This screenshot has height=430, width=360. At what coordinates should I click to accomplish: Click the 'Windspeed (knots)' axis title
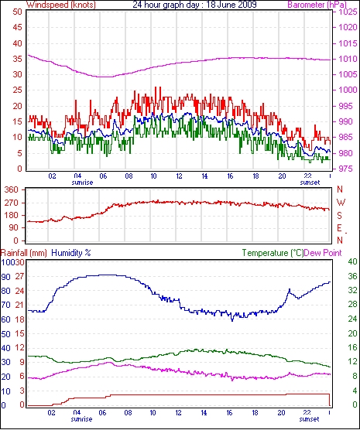click(x=61, y=5)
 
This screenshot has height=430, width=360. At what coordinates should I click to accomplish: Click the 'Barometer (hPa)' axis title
click(x=317, y=5)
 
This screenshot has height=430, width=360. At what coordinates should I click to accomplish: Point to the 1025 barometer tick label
click(x=348, y=12)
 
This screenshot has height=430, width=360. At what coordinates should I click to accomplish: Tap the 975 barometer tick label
click(x=348, y=169)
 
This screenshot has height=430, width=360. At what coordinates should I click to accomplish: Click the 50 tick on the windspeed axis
click(x=17, y=12)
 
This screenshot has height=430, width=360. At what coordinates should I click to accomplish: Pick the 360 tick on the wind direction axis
click(x=12, y=189)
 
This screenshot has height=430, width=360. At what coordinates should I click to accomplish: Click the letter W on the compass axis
click(x=341, y=203)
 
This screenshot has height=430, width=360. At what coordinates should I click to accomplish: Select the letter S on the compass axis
click(x=340, y=216)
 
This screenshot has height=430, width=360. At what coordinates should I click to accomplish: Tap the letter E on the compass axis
click(x=340, y=228)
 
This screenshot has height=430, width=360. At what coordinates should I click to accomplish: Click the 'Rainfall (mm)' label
click(x=24, y=253)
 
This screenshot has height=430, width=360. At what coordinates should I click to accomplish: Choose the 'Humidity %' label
click(x=71, y=253)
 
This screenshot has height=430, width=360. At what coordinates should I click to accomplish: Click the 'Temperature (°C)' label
click(x=273, y=253)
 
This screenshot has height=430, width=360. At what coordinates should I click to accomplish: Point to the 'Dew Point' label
click(x=323, y=253)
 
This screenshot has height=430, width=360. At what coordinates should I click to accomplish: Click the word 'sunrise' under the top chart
click(x=82, y=183)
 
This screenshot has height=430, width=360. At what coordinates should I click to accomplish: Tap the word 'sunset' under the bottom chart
click(x=309, y=419)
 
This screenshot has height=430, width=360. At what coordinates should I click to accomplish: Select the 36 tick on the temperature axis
click(x=352, y=276)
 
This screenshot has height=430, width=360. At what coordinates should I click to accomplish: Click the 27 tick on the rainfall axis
click(x=20, y=276)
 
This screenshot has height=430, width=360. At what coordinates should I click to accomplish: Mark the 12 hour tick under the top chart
click(x=179, y=176)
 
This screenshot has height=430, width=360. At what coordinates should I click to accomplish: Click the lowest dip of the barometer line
click(x=105, y=77)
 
